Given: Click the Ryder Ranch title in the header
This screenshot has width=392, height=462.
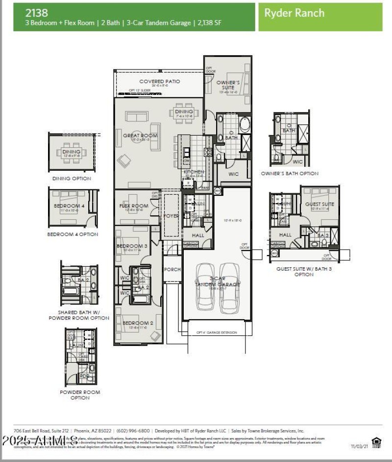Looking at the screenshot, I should tap(294, 13).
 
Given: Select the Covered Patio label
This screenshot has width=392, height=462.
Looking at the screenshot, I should tap(159, 81).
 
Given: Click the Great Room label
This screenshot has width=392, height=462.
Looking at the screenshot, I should tap(140, 136).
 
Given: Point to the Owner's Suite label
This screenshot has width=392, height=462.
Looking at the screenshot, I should tap(228, 85).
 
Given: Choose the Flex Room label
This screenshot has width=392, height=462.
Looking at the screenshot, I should tap(133, 206).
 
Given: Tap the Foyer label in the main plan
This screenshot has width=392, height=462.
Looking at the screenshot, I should tap(171, 215).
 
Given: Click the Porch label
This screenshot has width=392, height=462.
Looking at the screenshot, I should tap(172, 269).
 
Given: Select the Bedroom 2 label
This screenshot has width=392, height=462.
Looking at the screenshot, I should tap(135, 323).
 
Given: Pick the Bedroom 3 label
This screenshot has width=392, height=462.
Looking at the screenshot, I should tap(132, 246).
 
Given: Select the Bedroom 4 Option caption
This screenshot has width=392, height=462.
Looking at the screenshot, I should tap(73, 234).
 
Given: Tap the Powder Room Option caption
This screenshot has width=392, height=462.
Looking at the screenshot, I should tap(80, 395).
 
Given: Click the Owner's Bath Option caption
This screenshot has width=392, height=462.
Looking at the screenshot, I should tap(289, 173).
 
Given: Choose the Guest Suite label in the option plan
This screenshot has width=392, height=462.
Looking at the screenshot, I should tap(319, 204).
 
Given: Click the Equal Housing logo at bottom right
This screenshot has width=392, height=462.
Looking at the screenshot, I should tap(377, 442).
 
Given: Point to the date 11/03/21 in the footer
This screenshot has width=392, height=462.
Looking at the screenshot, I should tap(359, 446).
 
